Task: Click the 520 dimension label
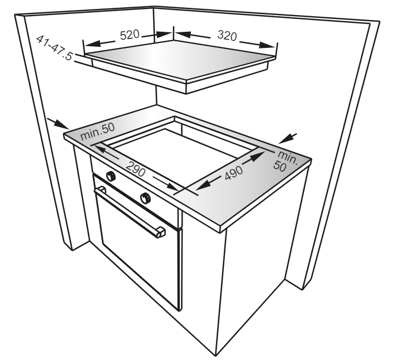click(x=130, y=35)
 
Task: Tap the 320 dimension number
click(x=227, y=35)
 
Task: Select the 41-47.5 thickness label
click(x=55, y=47)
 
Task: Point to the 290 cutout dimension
click(x=136, y=169)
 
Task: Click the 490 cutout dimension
click(x=234, y=173)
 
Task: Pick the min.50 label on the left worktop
click(x=97, y=132)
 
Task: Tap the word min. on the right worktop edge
click(x=288, y=158)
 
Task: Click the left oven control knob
click(x=111, y=176)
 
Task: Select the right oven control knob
click(x=145, y=198)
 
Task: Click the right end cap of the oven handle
click(x=161, y=232)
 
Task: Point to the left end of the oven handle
click(x=101, y=190)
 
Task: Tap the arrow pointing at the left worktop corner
click(x=58, y=124)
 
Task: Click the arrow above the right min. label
click(x=288, y=138)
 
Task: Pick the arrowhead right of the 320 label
click(x=267, y=45)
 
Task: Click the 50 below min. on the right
click(x=280, y=167)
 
